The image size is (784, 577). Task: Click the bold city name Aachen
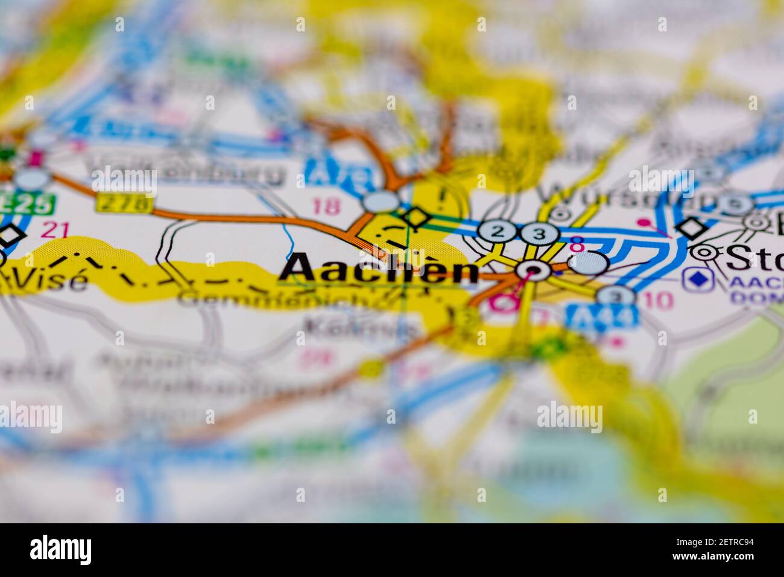379,269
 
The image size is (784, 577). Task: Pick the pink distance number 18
326,206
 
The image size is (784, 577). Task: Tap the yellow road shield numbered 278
124,203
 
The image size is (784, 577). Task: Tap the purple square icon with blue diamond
698,279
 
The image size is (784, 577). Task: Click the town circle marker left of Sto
703,252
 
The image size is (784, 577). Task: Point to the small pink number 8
577,245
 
